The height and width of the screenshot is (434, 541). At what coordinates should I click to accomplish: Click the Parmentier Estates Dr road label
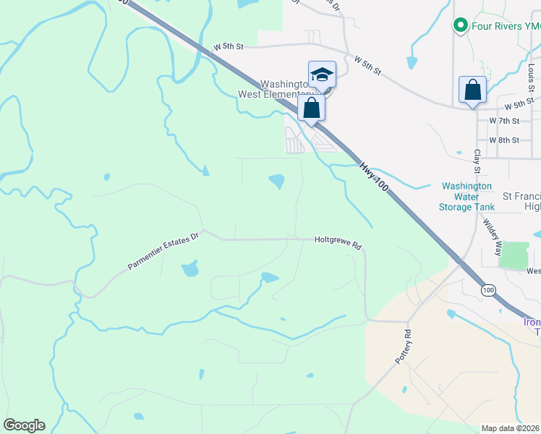(x=163, y=252)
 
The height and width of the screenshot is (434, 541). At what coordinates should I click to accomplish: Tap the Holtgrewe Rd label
(x=338, y=243)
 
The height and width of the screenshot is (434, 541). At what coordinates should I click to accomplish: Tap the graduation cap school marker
(x=322, y=74)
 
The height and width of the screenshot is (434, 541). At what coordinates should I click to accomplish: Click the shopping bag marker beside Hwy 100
(x=312, y=109)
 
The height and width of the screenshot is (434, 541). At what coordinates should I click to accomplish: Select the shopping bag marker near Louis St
(x=472, y=90)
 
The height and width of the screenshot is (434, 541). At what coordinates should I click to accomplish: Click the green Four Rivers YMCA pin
(x=459, y=27)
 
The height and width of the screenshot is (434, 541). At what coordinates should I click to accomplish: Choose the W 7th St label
(x=504, y=120)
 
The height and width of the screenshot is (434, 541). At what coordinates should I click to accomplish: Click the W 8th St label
(x=504, y=140)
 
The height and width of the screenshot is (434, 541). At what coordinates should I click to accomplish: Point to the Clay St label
(x=477, y=161)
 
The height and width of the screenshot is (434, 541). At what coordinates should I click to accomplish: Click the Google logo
(x=24, y=425)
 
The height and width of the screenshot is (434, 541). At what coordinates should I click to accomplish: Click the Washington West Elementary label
(x=276, y=89)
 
